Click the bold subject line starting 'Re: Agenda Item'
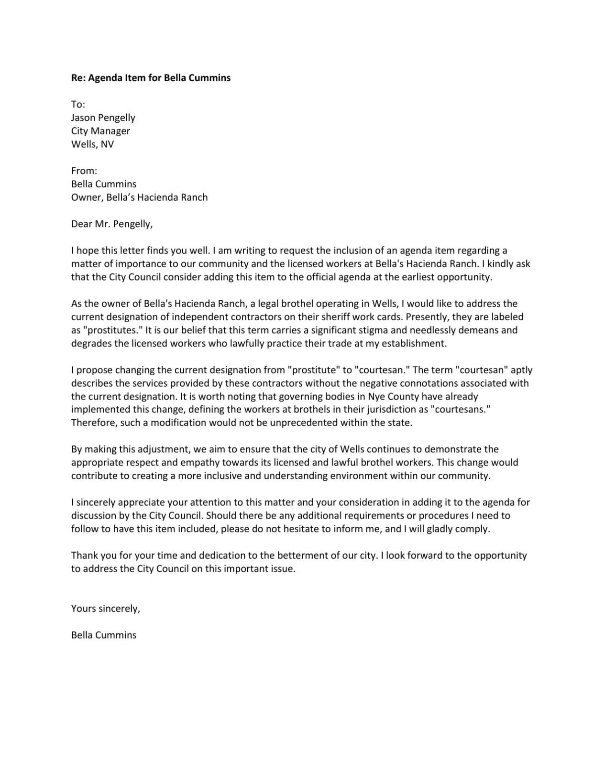tap(151, 78)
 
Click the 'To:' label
tap(78, 104)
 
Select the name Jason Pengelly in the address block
tap(103, 118)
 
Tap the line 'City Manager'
tap(100, 131)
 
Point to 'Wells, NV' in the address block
tap(92, 144)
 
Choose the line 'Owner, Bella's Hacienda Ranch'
tap(139, 197)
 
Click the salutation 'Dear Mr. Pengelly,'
tap(111, 224)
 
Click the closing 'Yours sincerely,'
tap(105, 609)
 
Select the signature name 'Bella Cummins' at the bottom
tap(103, 635)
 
